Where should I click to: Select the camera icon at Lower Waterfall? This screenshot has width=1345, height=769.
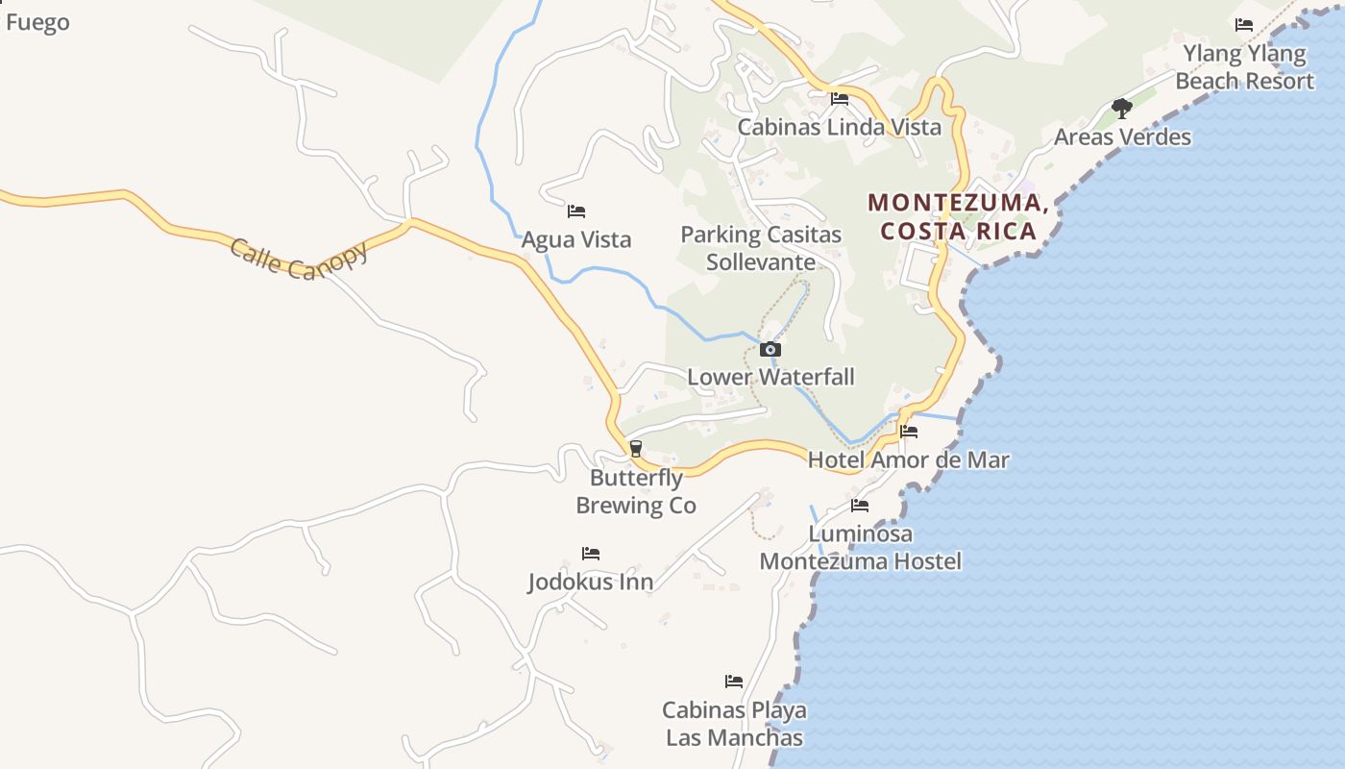point(770,350)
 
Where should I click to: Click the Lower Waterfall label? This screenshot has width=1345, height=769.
point(770,377)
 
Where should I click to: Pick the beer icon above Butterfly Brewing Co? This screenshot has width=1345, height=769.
point(635,448)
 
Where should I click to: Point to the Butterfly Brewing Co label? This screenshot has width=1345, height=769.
point(636,491)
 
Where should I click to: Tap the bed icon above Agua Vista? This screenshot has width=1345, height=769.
point(576,211)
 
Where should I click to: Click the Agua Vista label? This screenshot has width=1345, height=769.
point(576,239)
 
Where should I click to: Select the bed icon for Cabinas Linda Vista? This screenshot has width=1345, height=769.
point(840,99)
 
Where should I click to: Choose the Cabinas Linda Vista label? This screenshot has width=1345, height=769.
point(840,127)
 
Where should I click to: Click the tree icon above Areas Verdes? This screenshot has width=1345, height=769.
point(1121,108)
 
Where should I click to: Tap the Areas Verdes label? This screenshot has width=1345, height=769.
point(1122,136)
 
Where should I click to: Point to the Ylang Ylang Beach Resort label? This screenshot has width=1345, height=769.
point(1244,67)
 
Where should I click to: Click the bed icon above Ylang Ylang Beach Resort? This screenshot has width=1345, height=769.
point(1244,25)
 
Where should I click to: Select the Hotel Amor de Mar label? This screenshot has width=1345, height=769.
point(909,459)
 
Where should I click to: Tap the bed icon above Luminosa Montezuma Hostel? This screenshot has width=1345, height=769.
point(860,506)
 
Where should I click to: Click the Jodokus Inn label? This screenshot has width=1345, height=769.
point(591,582)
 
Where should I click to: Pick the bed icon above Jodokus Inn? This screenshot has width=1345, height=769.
point(591,554)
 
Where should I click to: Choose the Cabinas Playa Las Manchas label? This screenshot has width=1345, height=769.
point(735,724)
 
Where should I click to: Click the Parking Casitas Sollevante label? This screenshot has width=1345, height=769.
point(761,248)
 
